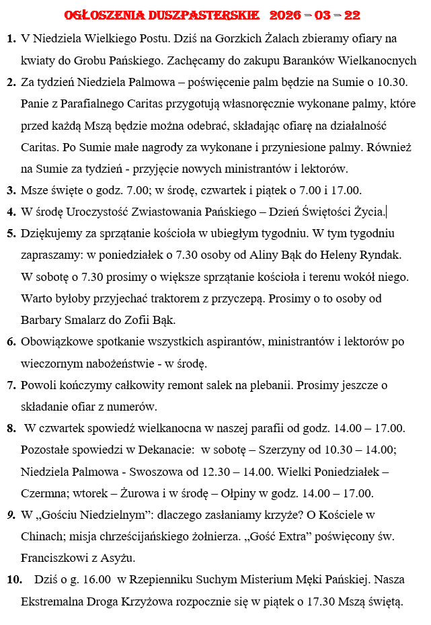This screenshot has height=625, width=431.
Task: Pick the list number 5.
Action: pyautogui.click(x=11, y=234)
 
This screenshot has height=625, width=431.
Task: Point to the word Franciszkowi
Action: pyautogui.click(x=56, y=558)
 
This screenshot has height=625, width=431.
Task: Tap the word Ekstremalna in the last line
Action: pyautogui.click(x=56, y=601)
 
